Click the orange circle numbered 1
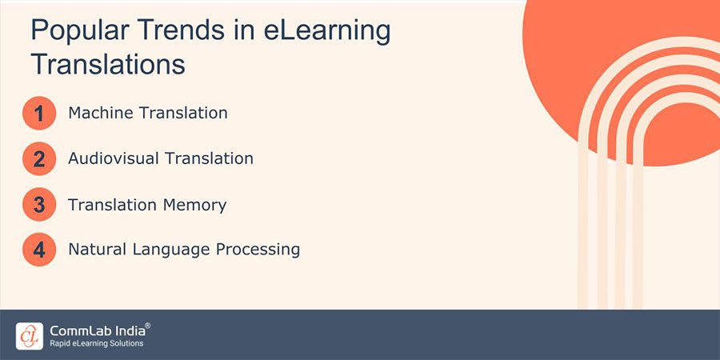click(x=39, y=114)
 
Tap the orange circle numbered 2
click(x=39, y=159)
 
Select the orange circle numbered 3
click(x=39, y=205)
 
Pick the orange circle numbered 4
click(x=39, y=250)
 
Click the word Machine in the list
click(x=100, y=113)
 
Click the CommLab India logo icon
click(x=29, y=335)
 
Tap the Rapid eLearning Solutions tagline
click(x=96, y=344)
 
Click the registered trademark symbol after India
click(x=147, y=326)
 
